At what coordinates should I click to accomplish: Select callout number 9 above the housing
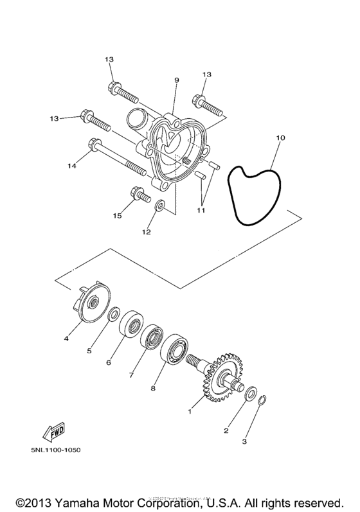tap(175, 80)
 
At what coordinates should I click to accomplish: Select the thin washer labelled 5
tap(114, 314)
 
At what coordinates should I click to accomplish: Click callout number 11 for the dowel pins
tap(201, 210)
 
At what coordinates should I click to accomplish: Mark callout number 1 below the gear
tap(190, 409)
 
